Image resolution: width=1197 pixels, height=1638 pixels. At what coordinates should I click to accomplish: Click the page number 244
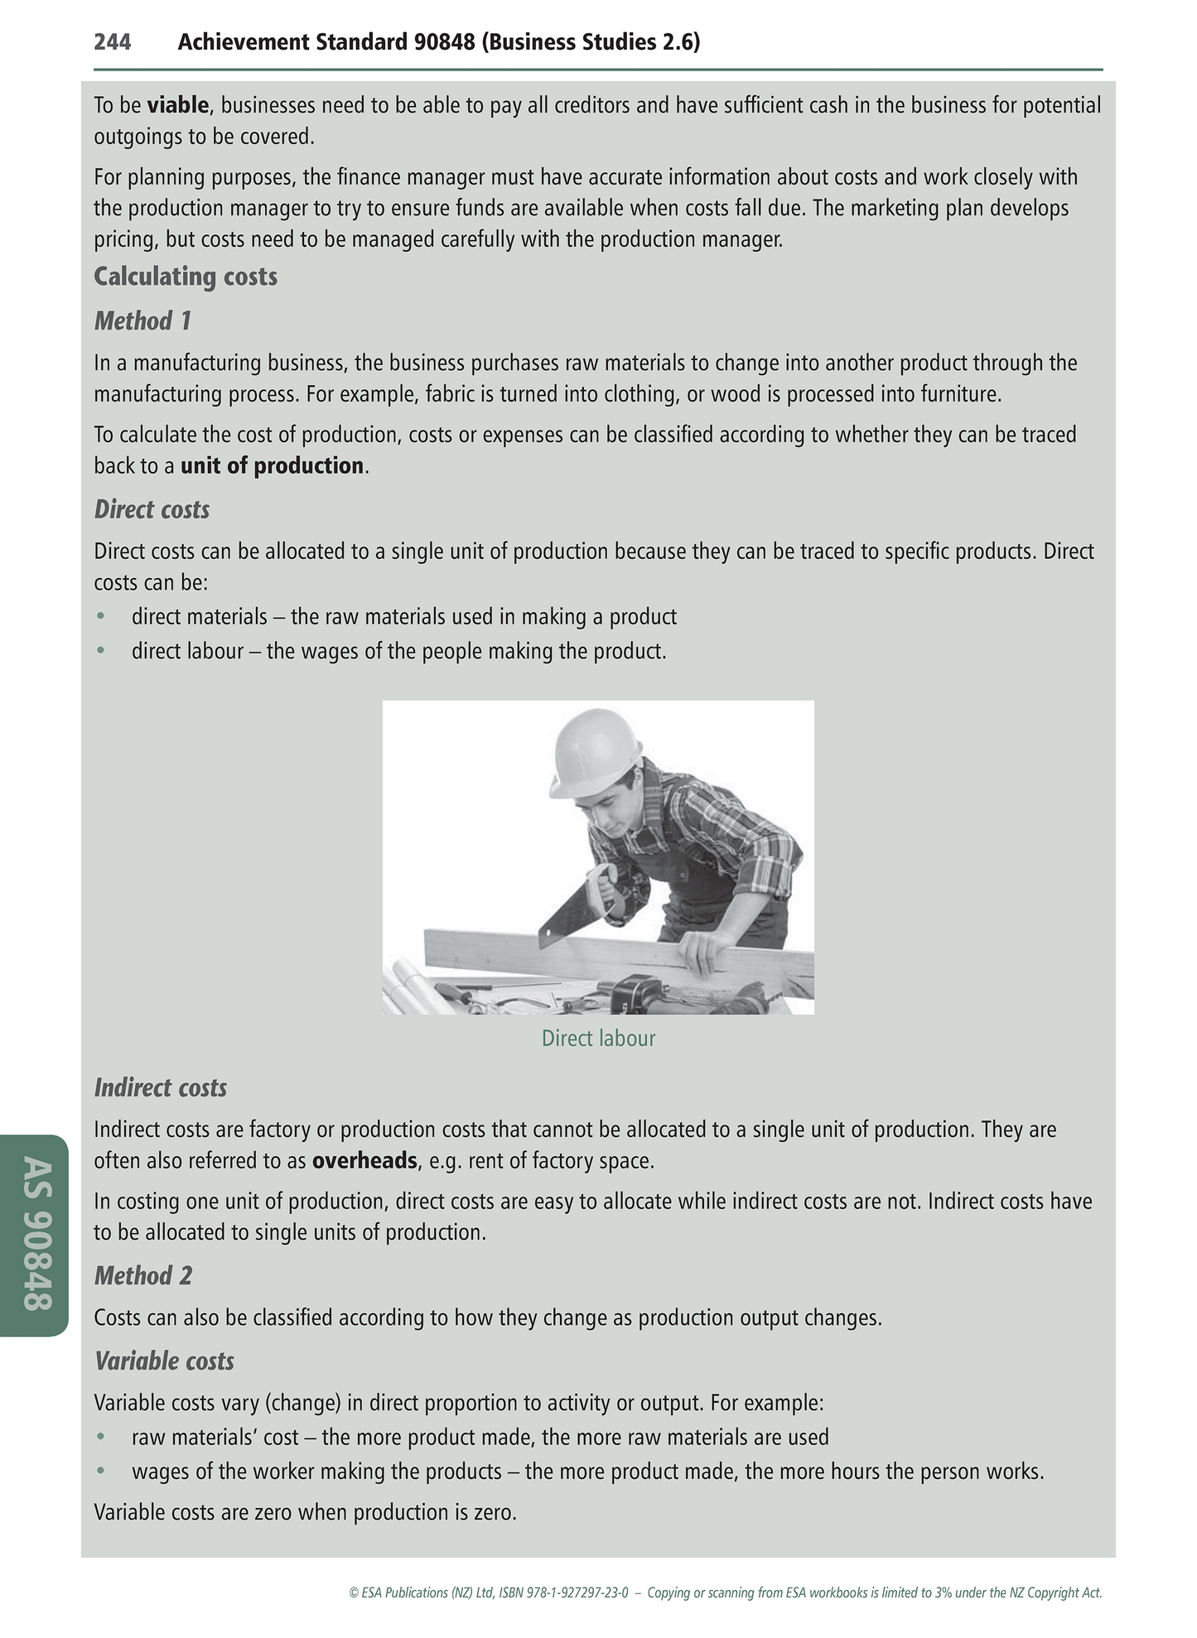coord(112,42)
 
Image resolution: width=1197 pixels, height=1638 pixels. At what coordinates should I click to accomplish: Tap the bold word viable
coord(177,105)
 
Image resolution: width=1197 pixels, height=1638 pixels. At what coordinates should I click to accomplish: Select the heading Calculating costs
coord(186,277)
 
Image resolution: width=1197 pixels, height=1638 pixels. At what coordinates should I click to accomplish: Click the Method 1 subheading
coord(142,320)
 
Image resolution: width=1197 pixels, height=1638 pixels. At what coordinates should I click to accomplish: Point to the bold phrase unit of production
coord(272,465)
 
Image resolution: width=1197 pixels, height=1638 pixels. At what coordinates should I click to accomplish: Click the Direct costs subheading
coord(152,509)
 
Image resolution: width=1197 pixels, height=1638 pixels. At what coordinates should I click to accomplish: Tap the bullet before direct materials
coord(101,617)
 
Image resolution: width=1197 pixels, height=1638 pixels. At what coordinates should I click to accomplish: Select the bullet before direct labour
coord(101,651)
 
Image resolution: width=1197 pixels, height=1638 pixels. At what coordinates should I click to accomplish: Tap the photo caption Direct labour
coord(598,1038)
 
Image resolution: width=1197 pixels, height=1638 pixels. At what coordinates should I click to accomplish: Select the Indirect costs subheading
coord(160,1087)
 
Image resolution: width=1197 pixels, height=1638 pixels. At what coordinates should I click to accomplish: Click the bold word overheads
coord(364,1160)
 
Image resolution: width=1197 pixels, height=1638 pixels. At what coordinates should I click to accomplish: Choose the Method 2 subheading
coord(142,1276)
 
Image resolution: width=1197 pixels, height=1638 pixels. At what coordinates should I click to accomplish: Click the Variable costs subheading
coord(164,1361)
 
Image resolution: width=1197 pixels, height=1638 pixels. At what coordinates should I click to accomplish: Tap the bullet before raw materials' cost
coord(101,1437)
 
